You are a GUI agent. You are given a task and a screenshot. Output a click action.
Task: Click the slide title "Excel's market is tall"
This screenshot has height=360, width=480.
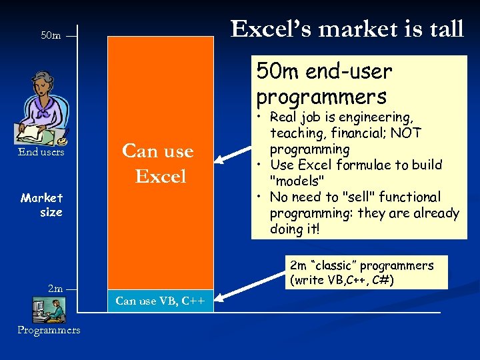[347, 29]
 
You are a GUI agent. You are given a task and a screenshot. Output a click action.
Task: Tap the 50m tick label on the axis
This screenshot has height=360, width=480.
[51, 35]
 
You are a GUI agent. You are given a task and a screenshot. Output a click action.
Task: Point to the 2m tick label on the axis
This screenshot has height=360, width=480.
[55, 289]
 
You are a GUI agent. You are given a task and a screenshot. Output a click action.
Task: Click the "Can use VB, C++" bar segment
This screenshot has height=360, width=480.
[160, 301]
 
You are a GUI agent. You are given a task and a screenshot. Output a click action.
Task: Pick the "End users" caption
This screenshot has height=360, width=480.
[41, 152]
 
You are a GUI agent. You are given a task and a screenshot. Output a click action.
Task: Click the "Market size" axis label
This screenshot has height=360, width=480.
[43, 205]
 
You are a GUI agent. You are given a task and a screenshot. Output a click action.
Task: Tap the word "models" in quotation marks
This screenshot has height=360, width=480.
[296, 181]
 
